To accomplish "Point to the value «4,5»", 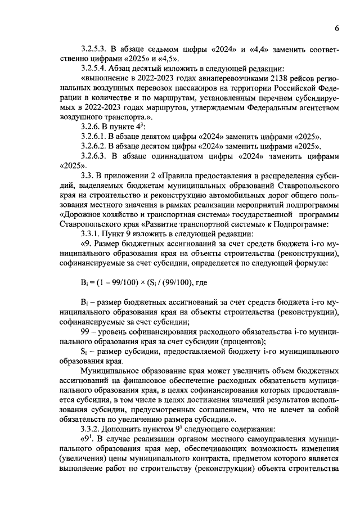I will pos(169,58).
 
